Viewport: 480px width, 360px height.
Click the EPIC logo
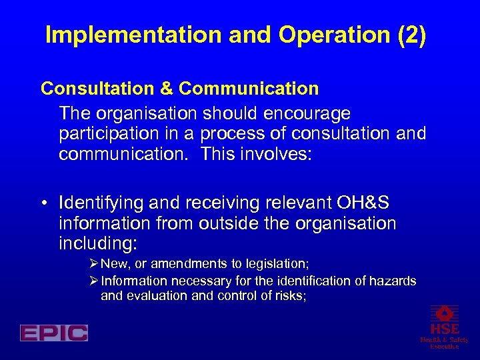pyautogui.click(x=54, y=333)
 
